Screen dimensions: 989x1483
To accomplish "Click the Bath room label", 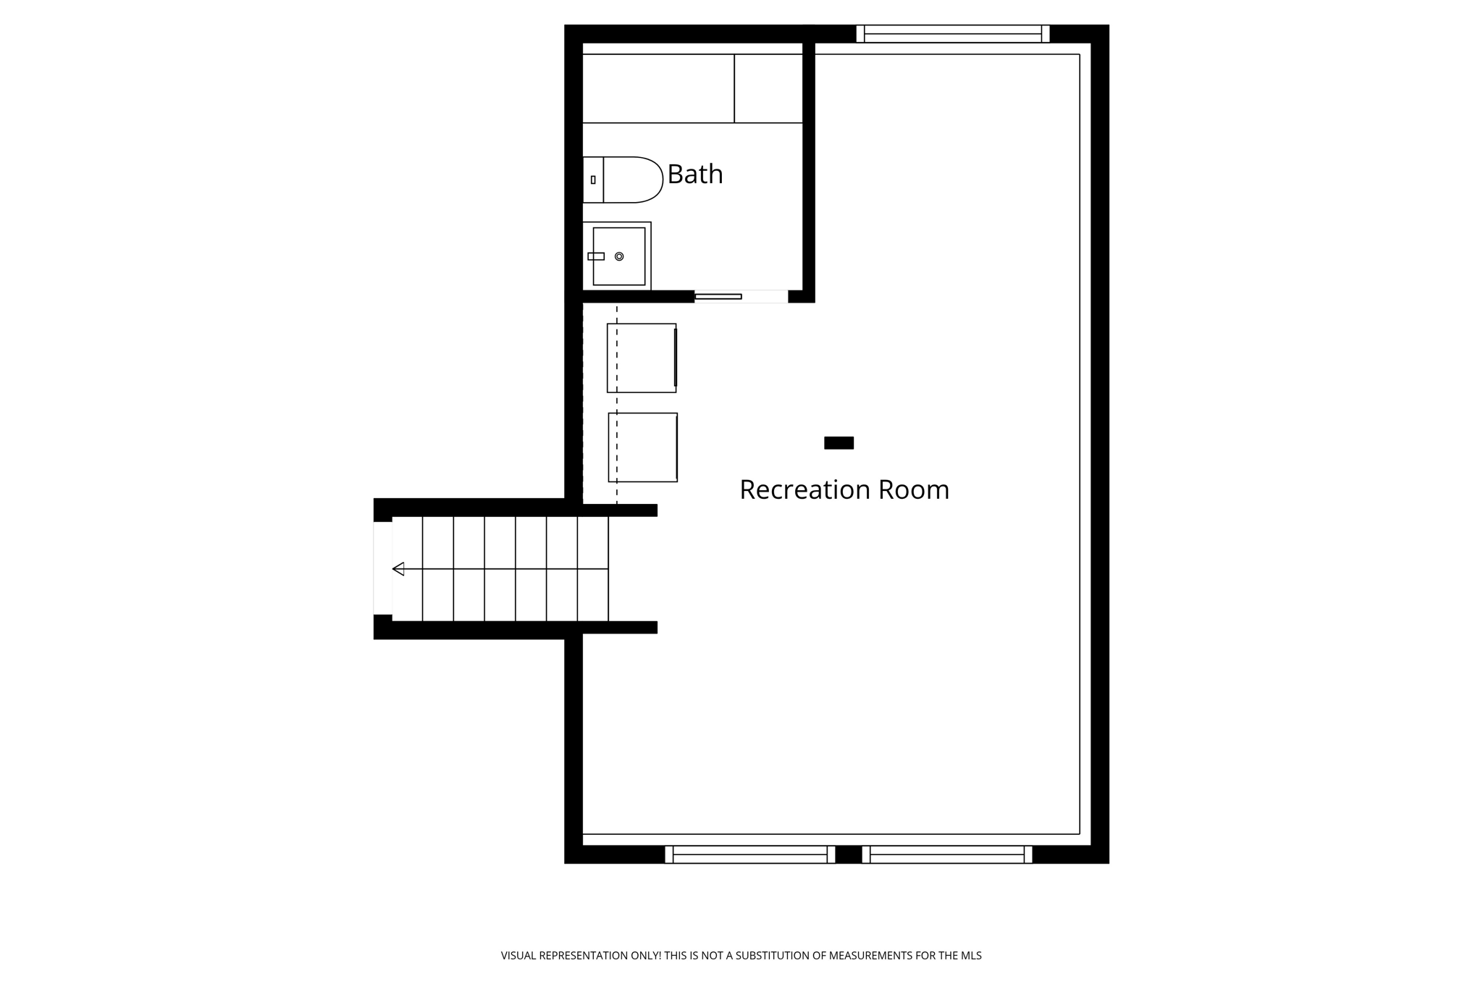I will [694, 174].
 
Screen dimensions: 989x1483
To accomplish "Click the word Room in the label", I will [913, 490].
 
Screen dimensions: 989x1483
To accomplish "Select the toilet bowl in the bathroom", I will [632, 180].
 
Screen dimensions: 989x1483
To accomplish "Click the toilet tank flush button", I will [593, 180].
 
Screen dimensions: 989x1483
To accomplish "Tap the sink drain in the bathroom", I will [619, 256].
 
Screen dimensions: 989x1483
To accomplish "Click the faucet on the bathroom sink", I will [596, 256].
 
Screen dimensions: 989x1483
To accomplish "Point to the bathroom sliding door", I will [718, 296].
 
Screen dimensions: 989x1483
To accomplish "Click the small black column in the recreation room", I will [839, 443].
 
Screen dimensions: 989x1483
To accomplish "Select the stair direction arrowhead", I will [398, 569].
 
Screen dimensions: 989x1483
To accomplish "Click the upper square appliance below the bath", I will [642, 358].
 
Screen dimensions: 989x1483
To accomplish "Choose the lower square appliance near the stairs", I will [642, 447].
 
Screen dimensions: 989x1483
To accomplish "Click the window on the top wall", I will [952, 34].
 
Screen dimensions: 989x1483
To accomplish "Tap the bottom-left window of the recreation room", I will [749, 854].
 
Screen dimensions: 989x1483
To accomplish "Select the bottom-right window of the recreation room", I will [946, 854].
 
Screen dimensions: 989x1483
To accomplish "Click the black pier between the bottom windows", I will [848, 854].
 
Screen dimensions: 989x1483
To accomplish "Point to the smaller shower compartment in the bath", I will [768, 88].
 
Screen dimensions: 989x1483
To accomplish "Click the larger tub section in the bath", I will [658, 88].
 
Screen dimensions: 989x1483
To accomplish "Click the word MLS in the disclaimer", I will [971, 956].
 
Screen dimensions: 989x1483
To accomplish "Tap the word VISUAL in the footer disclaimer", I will [519, 956].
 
